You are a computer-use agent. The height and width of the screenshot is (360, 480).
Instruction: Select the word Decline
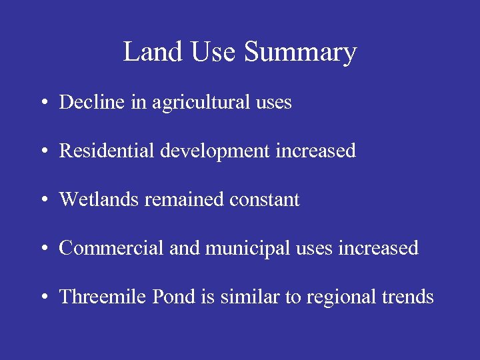(x=87, y=102)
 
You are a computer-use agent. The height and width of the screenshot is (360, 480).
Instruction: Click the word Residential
(x=107, y=151)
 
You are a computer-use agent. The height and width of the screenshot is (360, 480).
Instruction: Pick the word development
(x=215, y=152)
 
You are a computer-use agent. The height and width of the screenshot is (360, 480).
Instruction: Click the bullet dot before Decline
(x=43, y=103)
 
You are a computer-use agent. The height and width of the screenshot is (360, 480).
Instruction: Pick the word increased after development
(x=316, y=151)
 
